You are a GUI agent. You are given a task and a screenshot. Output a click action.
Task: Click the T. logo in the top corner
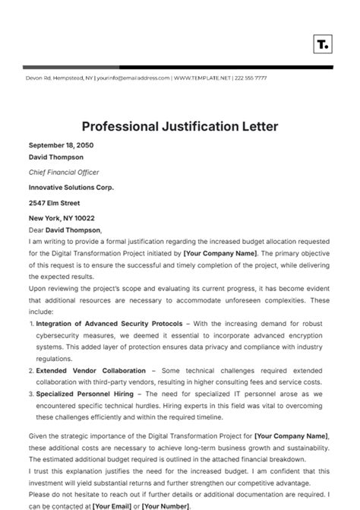click(x=322, y=43)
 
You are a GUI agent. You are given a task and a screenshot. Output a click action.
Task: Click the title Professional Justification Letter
click(x=180, y=125)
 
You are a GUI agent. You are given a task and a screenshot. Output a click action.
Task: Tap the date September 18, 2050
click(x=60, y=145)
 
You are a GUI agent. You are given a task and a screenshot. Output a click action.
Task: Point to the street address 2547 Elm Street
click(x=54, y=203)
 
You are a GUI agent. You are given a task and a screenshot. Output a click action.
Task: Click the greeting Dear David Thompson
click(x=65, y=230)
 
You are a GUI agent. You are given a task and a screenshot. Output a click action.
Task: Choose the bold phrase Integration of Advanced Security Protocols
click(x=94, y=324)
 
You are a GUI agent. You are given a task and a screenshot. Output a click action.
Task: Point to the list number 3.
click(x=30, y=394)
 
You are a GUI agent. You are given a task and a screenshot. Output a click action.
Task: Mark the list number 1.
click(x=30, y=324)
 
